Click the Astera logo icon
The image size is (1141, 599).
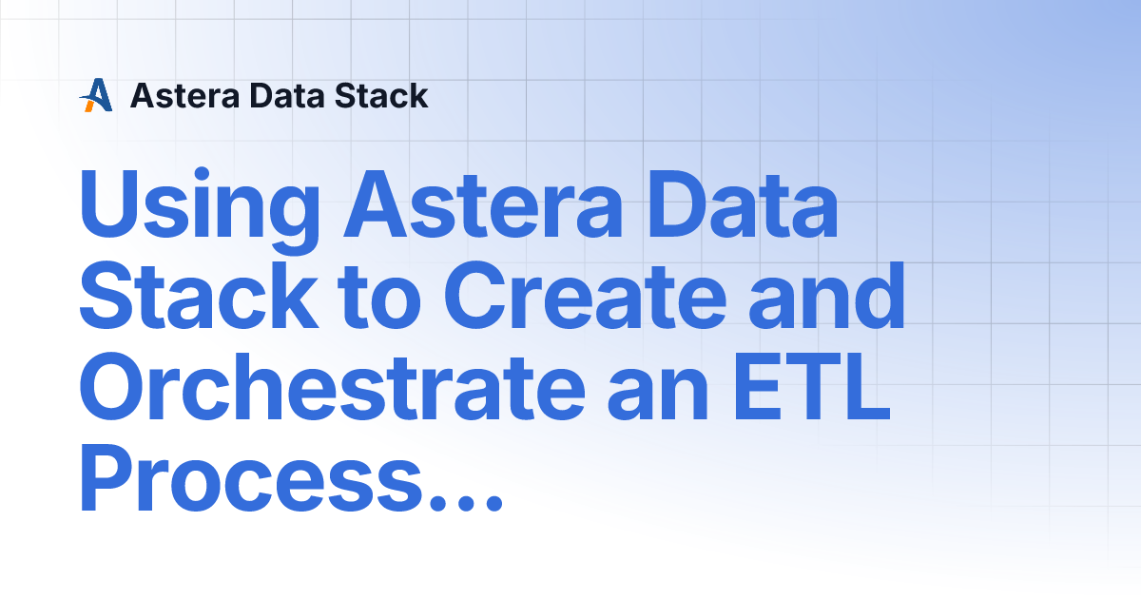(x=96, y=95)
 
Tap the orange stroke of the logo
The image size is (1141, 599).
(x=89, y=106)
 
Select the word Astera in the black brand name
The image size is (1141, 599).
(x=184, y=96)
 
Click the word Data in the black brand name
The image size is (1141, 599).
(x=287, y=96)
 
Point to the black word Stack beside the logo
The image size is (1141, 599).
(x=381, y=96)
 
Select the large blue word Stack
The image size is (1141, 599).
(x=199, y=296)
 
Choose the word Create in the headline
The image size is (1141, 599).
(x=586, y=296)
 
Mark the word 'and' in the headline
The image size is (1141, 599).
(x=826, y=296)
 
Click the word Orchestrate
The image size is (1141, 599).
(x=333, y=386)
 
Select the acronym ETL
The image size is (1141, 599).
(x=812, y=386)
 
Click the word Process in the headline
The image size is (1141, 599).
(x=251, y=476)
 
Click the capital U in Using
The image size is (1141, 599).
(x=108, y=204)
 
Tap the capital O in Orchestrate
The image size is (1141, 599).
(x=113, y=386)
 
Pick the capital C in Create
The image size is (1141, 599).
(x=475, y=296)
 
